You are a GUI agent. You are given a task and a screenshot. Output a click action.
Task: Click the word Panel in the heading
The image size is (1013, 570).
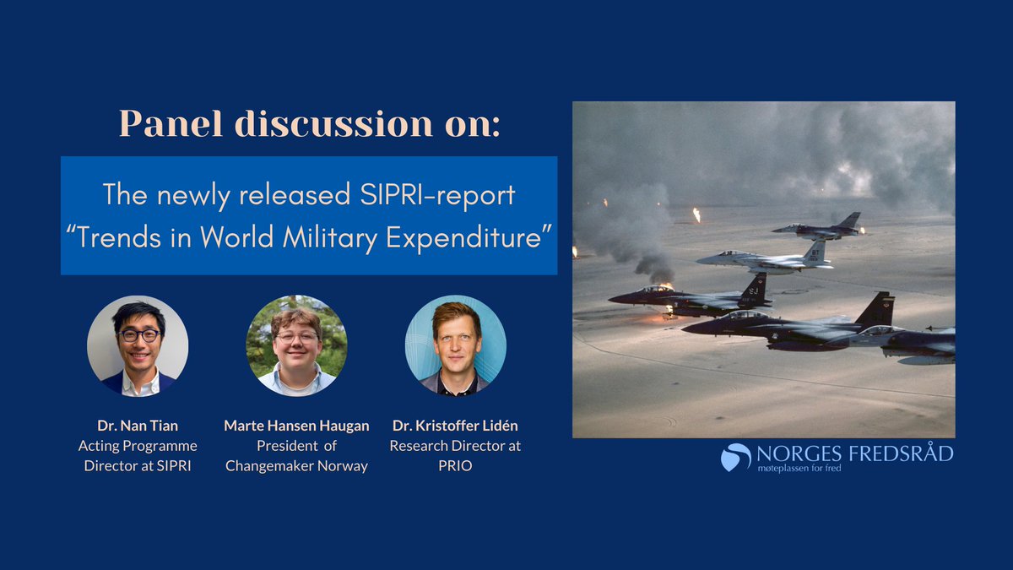pos(171,123)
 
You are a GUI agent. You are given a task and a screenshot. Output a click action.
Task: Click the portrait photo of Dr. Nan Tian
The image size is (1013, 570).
pos(138,345)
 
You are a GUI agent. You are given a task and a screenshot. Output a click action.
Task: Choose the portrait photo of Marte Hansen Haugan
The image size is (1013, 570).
pos(296,345)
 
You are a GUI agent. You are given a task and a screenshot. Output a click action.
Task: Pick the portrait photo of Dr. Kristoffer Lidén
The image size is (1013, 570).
pos(456,345)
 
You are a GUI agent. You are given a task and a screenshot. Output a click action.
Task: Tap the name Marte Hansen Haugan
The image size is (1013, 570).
pos(296,426)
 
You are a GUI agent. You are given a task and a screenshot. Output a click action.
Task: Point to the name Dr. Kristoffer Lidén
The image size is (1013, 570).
pos(455,426)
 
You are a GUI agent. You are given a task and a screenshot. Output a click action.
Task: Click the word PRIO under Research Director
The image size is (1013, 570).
pos(455,465)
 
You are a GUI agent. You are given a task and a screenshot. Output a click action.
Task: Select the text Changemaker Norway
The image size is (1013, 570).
pos(296,466)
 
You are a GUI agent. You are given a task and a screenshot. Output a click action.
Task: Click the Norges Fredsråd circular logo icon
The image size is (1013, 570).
pos(735,457)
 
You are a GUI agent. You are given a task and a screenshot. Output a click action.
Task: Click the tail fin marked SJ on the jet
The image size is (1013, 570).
pos(754,290)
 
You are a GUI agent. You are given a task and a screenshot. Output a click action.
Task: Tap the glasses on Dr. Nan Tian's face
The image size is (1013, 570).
pos(139,335)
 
